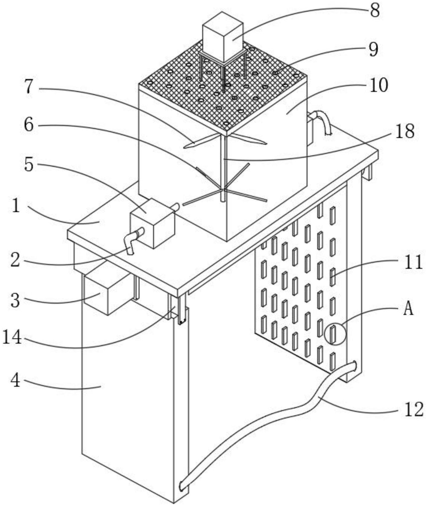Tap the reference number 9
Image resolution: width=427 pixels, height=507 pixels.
point(374,49)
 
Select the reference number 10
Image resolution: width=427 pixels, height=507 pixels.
point(378,86)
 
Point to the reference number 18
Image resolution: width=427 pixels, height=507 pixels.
point(404,132)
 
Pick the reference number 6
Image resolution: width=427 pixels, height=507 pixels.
point(29,124)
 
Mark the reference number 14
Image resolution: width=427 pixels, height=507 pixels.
point(12,337)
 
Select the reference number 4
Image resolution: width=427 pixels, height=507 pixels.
point(15,380)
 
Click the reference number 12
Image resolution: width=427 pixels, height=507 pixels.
point(413,410)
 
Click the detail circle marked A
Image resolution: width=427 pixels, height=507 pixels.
point(334,334)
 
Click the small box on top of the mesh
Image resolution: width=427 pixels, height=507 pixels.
point(223,38)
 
